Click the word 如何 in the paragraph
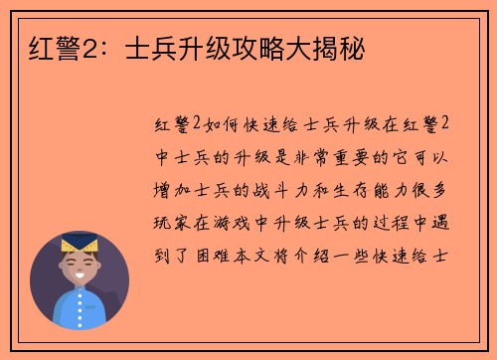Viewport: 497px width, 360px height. (221, 124)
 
